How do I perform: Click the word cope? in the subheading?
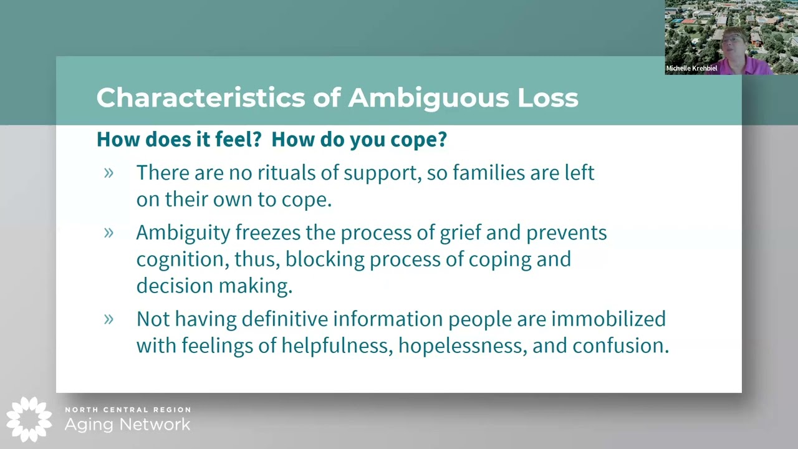pos(418,140)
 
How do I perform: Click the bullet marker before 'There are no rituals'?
pos(109,173)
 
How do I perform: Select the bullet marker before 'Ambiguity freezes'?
pos(109,233)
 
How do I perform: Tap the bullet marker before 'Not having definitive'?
pos(109,319)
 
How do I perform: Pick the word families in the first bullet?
pos(489,173)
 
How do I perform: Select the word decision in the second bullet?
pos(174,286)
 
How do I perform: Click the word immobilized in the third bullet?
pos(608,319)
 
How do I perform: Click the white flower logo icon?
pos(29,419)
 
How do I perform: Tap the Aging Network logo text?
pos(128,425)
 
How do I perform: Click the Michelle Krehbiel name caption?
pos(691,69)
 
